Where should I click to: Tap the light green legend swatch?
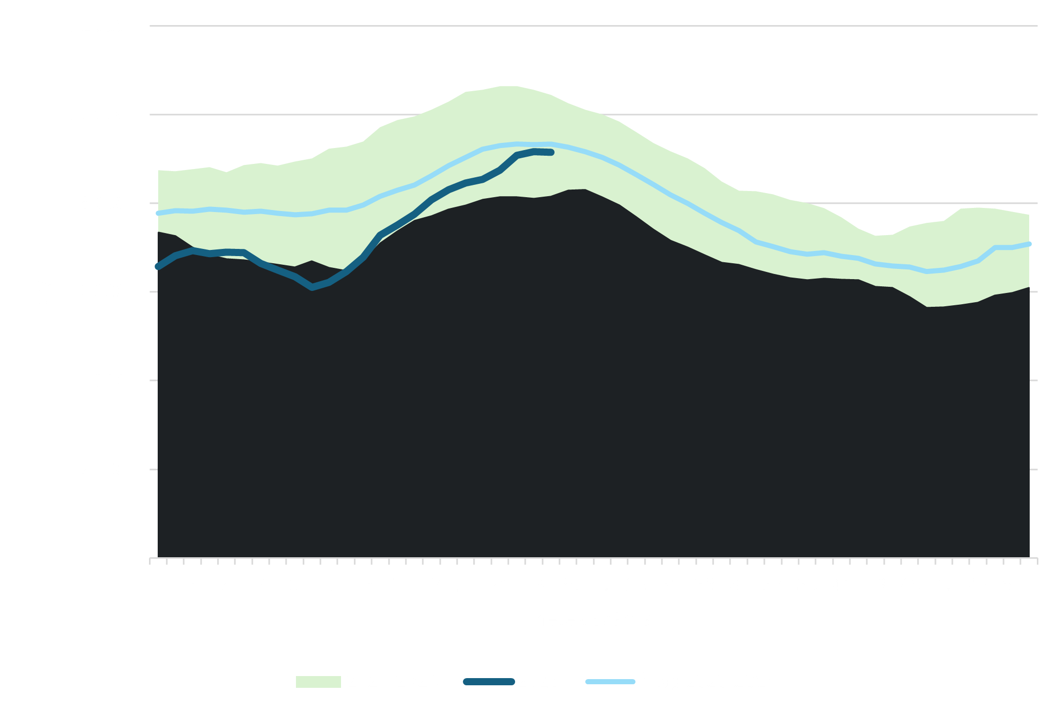pos(318,682)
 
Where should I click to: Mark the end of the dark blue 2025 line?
pos(551,152)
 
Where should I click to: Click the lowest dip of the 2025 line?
pos(312,288)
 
